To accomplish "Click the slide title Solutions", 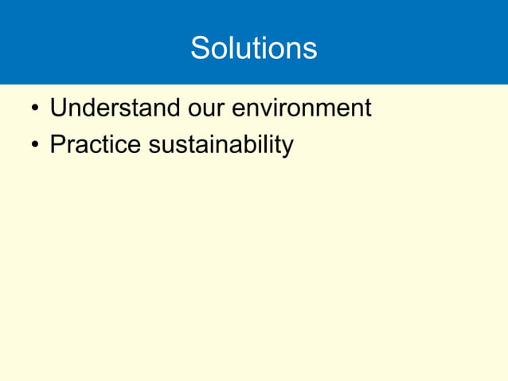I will [x=253, y=49].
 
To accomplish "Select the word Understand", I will [x=107, y=108].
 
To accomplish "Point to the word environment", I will [x=301, y=108].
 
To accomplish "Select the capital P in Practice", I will [x=57, y=145].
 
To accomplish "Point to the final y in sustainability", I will [x=287, y=148].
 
